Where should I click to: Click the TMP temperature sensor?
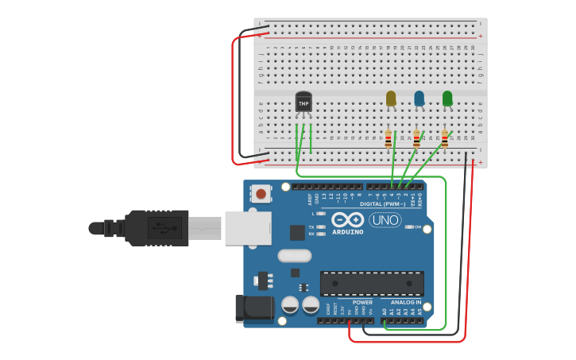click(x=303, y=103)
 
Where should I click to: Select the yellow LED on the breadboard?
click(x=390, y=99)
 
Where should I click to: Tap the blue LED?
click(x=419, y=99)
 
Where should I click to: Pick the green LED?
click(x=447, y=99)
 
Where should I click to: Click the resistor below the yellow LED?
click(x=389, y=139)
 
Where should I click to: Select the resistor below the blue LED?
click(x=416, y=139)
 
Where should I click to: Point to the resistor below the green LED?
click(x=445, y=139)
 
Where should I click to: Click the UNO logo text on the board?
click(x=385, y=220)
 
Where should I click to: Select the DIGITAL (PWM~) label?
click(x=382, y=204)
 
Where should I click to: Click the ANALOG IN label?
click(x=406, y=302)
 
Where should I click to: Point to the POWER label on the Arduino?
click(x=362, y=302)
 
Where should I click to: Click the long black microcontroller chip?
click(x=372, y=284)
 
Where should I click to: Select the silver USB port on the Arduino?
click(x=247, y=228)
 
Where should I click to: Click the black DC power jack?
click(x=253, y=309)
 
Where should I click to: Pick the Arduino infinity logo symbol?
click(x=347, y=220)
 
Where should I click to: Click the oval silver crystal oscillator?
click(x=294, y=256)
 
